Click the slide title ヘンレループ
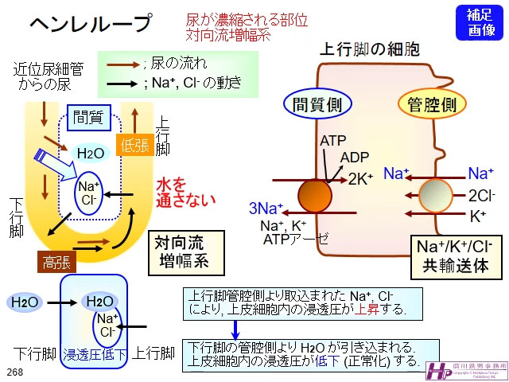89,25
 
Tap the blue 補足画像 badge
480,22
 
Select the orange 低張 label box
135,145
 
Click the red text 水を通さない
185,190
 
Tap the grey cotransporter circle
436,196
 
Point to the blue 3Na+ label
266,209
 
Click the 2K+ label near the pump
360,180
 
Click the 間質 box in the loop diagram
87,118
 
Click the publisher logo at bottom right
464,368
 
